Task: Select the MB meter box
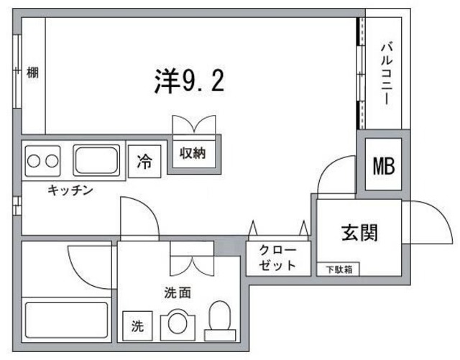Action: click(383, 165)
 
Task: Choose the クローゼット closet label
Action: click(277, 257)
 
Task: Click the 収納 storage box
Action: click(193, 153)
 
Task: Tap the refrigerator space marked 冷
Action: click(145, 162)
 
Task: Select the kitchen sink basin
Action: click(96, 161)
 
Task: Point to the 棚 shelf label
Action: click(32, 72)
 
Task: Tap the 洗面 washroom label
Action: click(178, 292)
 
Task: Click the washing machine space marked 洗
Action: click(137, 326)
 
